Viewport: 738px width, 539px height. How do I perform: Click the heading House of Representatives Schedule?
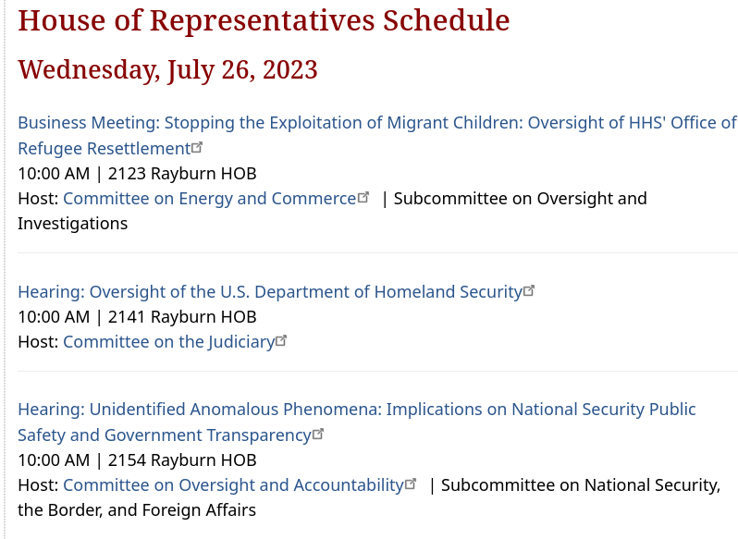pos(264,21)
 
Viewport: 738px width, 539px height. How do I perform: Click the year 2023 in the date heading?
pos(290,69)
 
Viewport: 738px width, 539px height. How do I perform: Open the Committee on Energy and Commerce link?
pos(209,199)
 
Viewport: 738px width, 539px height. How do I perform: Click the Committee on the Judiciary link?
pos(169,342)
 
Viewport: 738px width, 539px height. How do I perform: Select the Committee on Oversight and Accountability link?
pos(233,484)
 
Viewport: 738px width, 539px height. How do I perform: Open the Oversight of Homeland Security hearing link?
pos(270,292)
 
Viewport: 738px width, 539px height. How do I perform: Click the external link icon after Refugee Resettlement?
pos(197,147)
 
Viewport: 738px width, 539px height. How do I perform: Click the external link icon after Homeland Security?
pos(529,290)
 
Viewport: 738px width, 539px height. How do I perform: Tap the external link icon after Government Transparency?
pos(318,434)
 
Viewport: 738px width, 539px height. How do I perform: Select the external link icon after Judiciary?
pos(281,340)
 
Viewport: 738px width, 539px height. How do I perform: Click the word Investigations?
pos(72,224)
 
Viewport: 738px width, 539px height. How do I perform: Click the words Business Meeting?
pos(87,123)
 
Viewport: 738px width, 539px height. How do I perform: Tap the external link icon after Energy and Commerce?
pos(363,197)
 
